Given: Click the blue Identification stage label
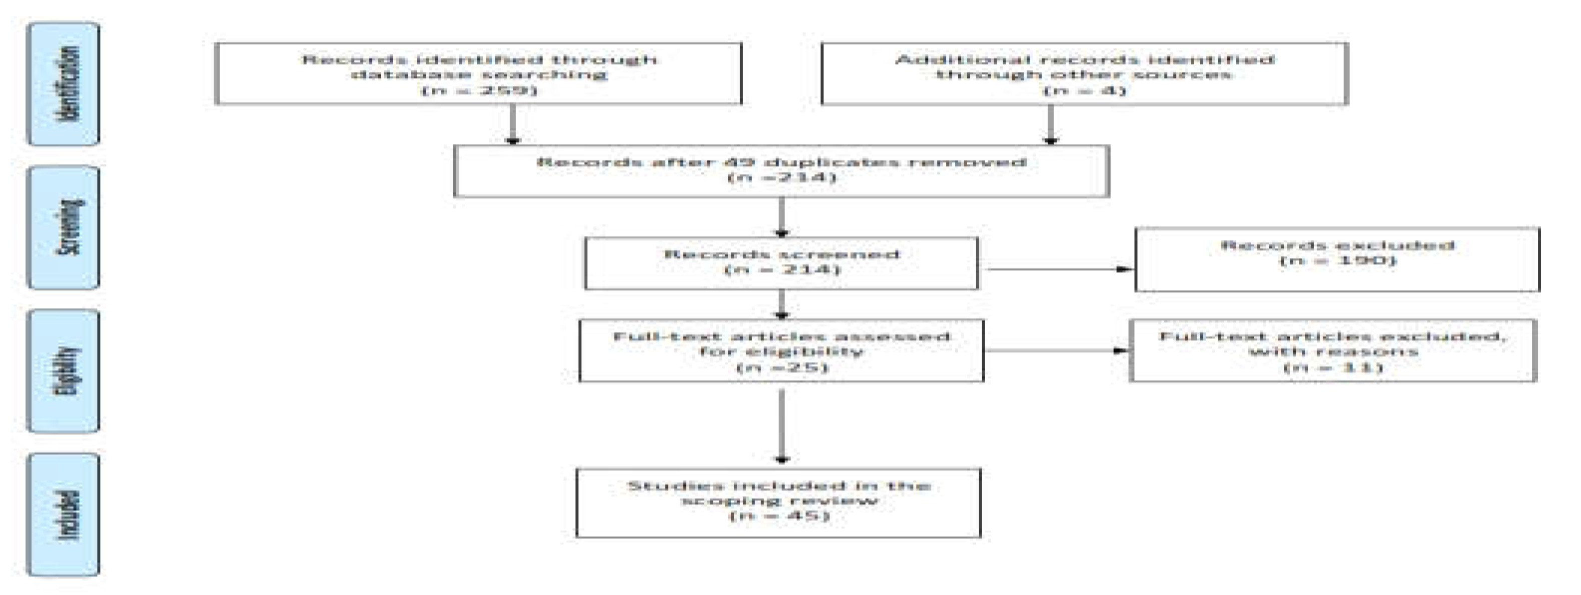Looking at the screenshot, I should [63, 84].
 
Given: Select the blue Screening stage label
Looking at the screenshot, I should [63, 227].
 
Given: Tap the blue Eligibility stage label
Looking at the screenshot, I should [63, 370].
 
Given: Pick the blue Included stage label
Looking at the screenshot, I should [63, 514].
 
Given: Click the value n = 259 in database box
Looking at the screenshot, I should [479, 90].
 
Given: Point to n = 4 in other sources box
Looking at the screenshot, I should [1085, 90].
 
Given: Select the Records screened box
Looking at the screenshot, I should [781, 262].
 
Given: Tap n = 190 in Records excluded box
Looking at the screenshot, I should [1337, 260].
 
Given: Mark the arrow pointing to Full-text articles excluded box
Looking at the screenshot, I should [1056, 351].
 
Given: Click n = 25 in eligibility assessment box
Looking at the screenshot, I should [781, 367].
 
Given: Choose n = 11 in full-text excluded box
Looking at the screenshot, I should [1332, 367].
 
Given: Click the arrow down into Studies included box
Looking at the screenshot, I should [781, 426].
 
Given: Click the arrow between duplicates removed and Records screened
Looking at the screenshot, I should [781, 217].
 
